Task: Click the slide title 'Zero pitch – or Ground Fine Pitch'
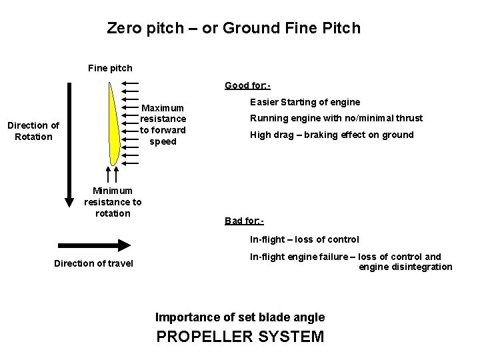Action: (233, 29)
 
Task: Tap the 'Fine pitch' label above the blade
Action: (110, 67)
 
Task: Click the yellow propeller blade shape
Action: (114, 127)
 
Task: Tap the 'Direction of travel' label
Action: (93, 263)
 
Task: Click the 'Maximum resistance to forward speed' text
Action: (163, 124)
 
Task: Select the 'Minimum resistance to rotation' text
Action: (113, 202)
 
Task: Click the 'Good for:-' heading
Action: (247, 85)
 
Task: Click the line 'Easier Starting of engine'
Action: (305, 102)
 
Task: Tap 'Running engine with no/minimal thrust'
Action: (336, 118)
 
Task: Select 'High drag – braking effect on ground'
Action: (331, 135)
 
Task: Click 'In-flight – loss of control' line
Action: (304, 239)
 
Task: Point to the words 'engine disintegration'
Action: (405, 267)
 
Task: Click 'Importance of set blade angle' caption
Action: (240, 317)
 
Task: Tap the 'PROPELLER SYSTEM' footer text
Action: (240, 336)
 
